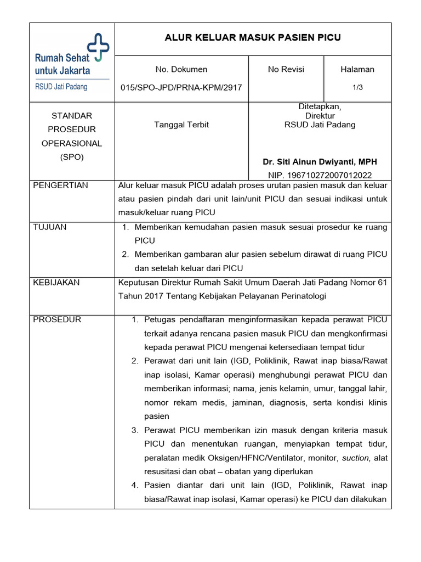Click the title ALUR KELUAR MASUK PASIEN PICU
click(253, 38)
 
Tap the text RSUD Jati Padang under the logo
click(61, 87)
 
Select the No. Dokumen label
click(181, 69)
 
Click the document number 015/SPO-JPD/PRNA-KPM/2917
click(181, 87)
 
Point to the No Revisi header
click(286, 69)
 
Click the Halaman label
click(357, 69)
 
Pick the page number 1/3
click(357, 87)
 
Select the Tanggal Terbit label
click(181, 125)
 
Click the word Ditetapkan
click(320, 106)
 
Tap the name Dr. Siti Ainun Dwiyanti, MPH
click(320, 162)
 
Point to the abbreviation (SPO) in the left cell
click(72, 157)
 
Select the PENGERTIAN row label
click(60, 186)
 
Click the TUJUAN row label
click(50, 227)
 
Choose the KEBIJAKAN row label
click(56, 282)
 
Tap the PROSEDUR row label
click(57, 319)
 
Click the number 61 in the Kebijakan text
click(382, 283)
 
